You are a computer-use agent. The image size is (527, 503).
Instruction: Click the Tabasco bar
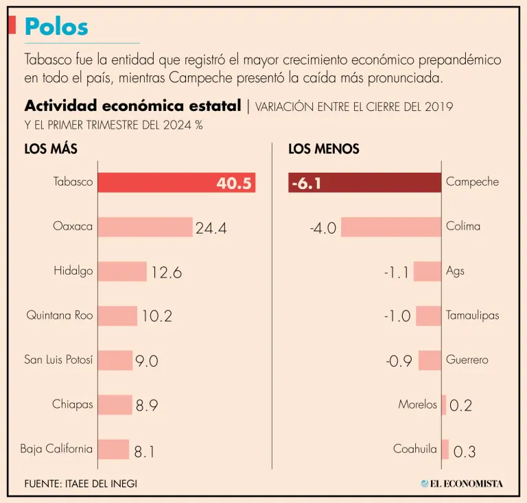point(176,182)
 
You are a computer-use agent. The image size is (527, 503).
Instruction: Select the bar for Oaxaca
point(145,227)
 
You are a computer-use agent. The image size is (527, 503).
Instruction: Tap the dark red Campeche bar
point(364,182)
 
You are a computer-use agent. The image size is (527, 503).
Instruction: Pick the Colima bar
point(391,227)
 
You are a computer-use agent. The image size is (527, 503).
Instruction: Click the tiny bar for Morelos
point(444,404)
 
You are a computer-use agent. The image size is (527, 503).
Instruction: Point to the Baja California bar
point(113,450)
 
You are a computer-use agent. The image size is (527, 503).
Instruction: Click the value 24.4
point(211,228)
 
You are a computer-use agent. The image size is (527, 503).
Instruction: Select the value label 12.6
point(166,273)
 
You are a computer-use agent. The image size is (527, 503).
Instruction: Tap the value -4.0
point(323,228)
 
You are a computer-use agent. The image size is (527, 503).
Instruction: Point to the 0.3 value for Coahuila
point(465,452)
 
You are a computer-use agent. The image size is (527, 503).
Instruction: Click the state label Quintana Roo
point(60,316)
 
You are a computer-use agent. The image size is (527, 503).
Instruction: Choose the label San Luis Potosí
point(58,360)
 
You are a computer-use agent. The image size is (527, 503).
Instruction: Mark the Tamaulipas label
point(473,316)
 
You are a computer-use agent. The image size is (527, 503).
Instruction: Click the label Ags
point(455,271)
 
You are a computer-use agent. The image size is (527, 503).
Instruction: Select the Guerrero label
point(467,360)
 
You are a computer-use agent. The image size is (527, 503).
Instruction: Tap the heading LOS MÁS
point(51,149)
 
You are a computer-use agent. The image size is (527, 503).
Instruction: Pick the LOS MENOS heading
point(324,149)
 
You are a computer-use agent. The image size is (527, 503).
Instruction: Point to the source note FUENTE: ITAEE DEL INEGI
point(80,483)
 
